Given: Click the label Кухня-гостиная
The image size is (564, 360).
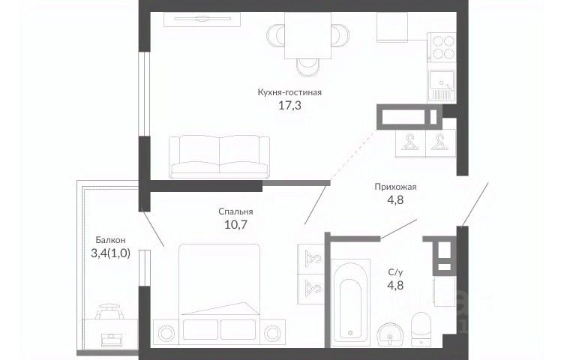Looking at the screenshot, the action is (x=289, y=92).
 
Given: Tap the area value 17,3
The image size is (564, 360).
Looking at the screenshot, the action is (x=289, y=105).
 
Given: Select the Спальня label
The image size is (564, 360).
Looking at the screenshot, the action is (x=235, y=211).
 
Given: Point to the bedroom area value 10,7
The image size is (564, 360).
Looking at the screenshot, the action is (x=236, y=225).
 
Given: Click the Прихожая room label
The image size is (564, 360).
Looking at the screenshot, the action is (x=395, y=187).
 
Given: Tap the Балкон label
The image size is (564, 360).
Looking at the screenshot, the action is (x=110, y=240).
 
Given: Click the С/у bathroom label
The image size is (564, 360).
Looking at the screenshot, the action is (x=395, y=272).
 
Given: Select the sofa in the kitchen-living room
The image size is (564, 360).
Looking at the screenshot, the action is (x=220, y=157).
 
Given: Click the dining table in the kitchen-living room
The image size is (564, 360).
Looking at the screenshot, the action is (x=308, y=35).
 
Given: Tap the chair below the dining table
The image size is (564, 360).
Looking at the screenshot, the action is (x=308, y=67).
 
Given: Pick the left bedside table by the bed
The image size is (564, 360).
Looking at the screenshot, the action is (x=166, y=334).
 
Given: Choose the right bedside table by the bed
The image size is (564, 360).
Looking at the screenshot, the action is (x=272, y=334).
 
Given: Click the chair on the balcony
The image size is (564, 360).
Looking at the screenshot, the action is (x=109, y=310).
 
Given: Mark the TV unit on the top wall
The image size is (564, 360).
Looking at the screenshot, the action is (x=202, y=19).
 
